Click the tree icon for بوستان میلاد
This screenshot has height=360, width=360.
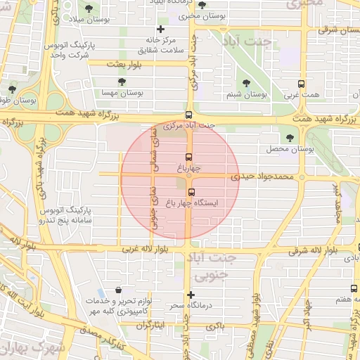pyautogui.click(x=89, y=9)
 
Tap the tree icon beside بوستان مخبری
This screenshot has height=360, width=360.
pyautogui.click(x=202, y=5)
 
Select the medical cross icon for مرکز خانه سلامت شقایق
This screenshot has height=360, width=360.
pyautogui.click(x=161, y=30)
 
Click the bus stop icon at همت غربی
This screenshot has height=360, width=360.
pyautogui.click(x=302, y=82)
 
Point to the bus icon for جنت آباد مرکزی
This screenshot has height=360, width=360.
pyautogui.click(x=188, y=115)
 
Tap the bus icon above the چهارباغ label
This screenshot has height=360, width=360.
pyautogui.click(x=188, y=157)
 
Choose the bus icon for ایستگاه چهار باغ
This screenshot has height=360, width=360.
pyautogui.click(x=191, y=191)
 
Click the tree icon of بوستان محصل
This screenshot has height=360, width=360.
pyautogui.click(x=290, y=138)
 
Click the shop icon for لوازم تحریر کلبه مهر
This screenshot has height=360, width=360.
pyautogui.click(x=117, y=290)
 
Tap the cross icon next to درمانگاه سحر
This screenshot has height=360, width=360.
pyautogui.click(x=191, y=295)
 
